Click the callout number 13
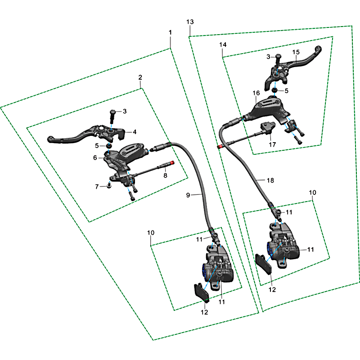190,22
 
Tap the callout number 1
170,32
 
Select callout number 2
140,77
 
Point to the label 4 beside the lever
135,132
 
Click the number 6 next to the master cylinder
95,158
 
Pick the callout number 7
97,187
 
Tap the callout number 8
165,175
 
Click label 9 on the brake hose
188,195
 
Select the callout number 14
223,45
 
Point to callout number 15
296,52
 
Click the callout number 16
256,93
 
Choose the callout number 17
272,144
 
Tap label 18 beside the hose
270,180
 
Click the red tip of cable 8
172,162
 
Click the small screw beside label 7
109,185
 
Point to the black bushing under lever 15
274,90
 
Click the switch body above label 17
267,127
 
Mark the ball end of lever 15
319,49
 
